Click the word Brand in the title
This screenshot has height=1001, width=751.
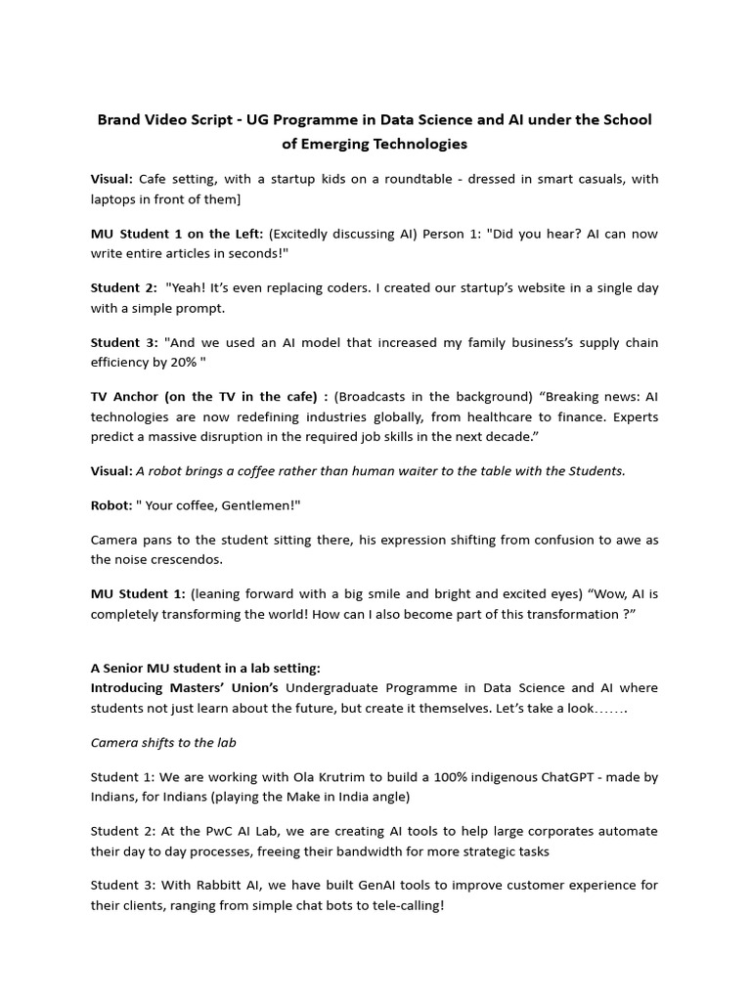(119, 119)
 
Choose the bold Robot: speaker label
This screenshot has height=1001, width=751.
(113, 505)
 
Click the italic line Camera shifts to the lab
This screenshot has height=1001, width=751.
(163, 742)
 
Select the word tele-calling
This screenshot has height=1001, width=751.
(405, 905)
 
